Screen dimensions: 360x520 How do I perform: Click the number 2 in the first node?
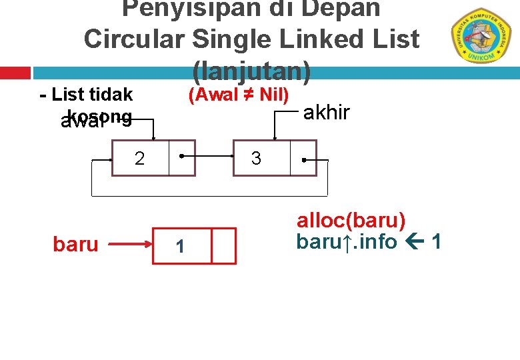[x=139, y=159]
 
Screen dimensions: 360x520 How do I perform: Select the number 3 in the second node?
[x=255, y=159]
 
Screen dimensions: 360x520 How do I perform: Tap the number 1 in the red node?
[x=179, y=247]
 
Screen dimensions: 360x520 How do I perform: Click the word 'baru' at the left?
[x=75, y=245]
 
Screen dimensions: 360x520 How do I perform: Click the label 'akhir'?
[x=327, y=113]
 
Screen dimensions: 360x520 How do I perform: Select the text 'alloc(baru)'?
[x=351, y=221]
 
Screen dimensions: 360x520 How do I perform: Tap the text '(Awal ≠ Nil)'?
[x=239, y=95]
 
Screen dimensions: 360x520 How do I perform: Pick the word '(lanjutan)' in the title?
[x=251, y=69]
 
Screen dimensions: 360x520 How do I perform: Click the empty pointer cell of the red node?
[x=224, y=246]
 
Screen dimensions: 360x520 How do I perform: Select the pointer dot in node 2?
[x=181, y=159]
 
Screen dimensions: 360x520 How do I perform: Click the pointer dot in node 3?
[x=303, y=160]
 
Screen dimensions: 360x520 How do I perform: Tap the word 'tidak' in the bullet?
[x=111, y=95]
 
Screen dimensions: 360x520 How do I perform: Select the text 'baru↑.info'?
[x=346, y=241]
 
